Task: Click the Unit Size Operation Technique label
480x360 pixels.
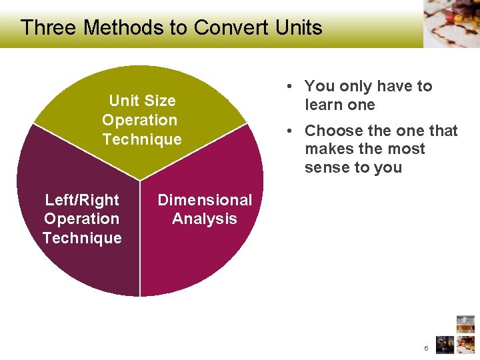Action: click(141, 120)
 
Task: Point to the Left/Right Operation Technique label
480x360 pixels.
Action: click(82, 219)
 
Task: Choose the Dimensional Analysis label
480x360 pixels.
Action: click(205, 209)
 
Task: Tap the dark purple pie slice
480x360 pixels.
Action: click(73, 267)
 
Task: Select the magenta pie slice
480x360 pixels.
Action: click(207, 260)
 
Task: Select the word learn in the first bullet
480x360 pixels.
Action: click(321, 105)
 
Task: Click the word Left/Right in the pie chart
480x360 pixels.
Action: click(82, 200)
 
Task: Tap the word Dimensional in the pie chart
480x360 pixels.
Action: click(205, 200)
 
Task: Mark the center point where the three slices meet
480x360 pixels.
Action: click(140, 181)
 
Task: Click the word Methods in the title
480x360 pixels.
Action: click(123, 27)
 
